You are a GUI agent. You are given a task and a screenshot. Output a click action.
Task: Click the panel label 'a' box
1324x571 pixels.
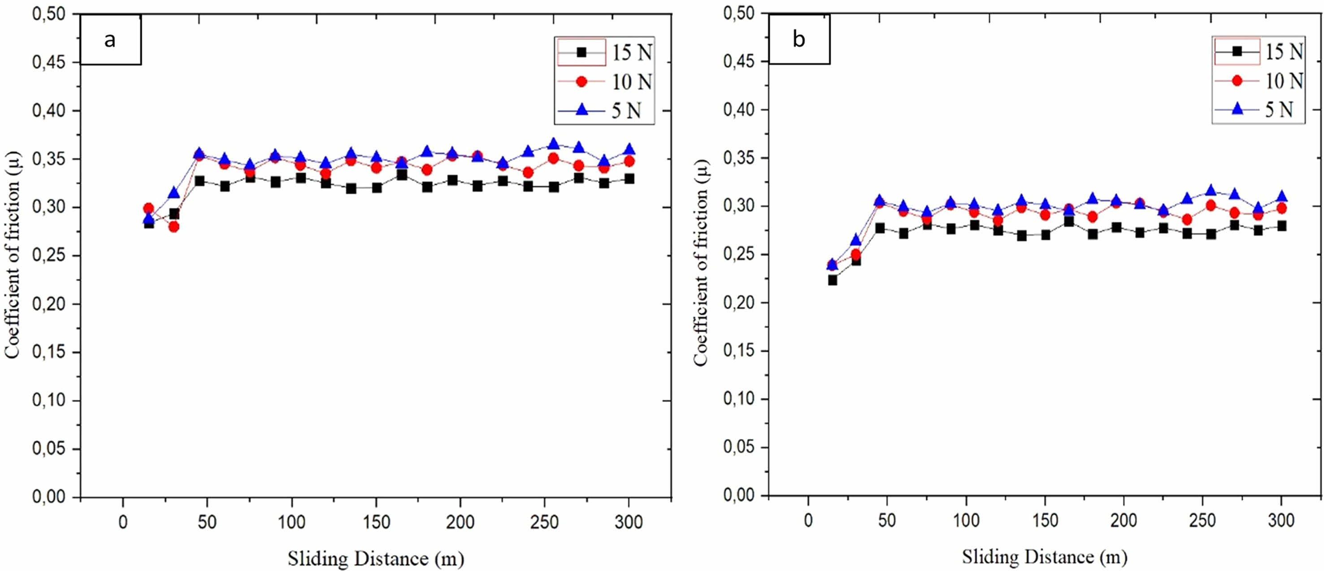110,40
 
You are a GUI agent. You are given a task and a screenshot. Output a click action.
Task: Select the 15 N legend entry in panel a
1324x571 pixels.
605,52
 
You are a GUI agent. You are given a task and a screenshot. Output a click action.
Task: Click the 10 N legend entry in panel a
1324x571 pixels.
605,81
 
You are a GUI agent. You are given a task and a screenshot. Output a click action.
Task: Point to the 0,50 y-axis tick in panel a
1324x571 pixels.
49,14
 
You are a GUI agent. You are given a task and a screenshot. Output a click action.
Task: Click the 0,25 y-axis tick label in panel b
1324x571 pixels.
738,255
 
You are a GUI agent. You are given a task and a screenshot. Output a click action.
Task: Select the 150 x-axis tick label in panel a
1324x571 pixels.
376,522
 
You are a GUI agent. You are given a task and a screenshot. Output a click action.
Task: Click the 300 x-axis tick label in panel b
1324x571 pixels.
1281,521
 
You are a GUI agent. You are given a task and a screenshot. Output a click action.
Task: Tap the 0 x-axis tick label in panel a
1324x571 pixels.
123,522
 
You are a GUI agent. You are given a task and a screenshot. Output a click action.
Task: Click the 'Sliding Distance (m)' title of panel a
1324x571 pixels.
376,558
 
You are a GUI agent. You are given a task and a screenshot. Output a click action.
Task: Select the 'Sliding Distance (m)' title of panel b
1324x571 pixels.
1044,557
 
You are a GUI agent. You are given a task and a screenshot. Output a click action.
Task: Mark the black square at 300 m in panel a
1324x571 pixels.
629,179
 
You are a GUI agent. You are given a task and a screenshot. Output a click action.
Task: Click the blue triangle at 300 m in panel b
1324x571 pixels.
1281,196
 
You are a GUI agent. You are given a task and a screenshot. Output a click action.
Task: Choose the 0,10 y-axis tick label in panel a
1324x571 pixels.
49,400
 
